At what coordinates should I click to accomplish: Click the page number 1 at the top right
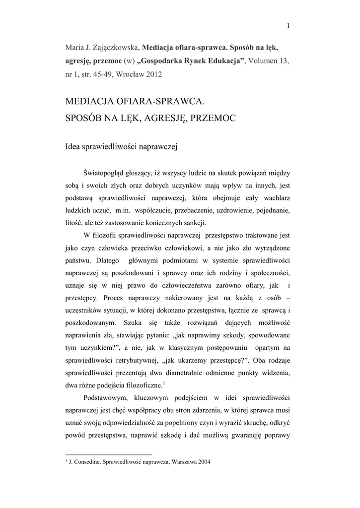(x=288, y=26)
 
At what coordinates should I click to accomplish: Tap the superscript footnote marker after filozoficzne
(x=163, y=382)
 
